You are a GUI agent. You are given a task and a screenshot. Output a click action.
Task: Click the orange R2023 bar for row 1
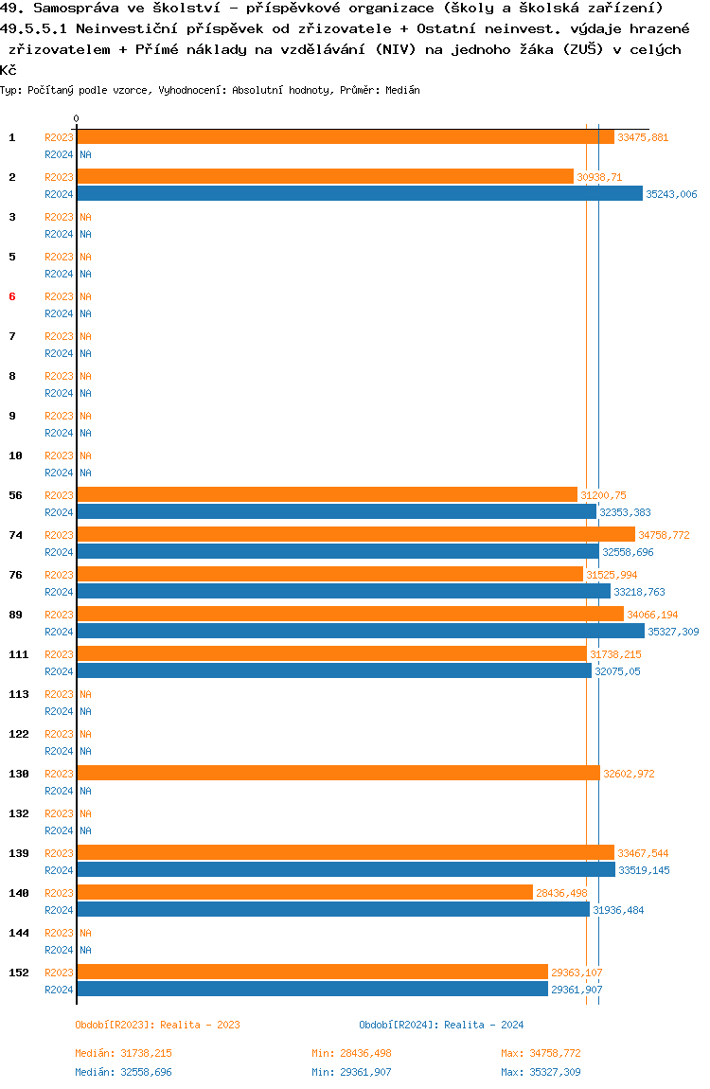coord(345,137)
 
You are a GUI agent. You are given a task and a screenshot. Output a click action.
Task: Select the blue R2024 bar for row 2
coord(359,194)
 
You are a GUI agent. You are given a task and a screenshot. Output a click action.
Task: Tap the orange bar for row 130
coord(338,774)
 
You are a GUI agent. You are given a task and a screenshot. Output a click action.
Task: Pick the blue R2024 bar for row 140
coord(332,910)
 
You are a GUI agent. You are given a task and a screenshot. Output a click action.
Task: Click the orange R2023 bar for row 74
coord(355,535)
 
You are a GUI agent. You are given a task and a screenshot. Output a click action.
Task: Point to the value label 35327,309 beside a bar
coord(673,632)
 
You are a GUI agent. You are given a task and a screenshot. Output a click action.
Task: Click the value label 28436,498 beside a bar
coord(561,893)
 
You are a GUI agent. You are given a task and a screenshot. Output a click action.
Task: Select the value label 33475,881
coord(642,137)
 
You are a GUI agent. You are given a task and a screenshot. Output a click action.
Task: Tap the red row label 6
coord(12,296)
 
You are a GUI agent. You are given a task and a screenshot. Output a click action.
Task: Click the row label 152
coord(18,973)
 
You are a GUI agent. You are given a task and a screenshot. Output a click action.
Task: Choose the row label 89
coord(15,615)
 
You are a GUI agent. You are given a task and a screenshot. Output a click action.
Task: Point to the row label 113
coord(18,694)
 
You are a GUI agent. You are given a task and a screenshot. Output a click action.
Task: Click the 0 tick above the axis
coord(77,118)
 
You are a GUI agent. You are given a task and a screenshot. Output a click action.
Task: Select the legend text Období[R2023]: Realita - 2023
coord(157,1025)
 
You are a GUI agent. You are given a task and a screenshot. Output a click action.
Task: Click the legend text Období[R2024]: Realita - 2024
coord(441,1025)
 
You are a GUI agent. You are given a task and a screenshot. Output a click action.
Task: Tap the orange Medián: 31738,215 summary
coord(123,1053)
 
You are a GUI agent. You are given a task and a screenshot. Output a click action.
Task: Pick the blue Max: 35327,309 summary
coord(541,1072)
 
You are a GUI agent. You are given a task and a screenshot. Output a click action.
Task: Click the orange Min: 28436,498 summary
coord(351,1053)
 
